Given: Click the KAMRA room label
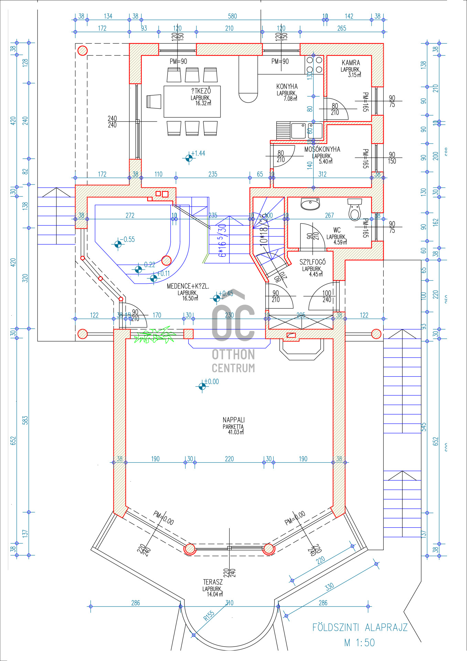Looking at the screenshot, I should pos(351,63).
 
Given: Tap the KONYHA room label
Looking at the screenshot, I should pos(287,86).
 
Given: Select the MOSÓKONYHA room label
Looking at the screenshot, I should pos(322,149).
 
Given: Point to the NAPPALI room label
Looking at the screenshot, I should pos(234,420).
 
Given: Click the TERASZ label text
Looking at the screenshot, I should pos(213,582).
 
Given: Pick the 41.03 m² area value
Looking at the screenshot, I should pos(236,432).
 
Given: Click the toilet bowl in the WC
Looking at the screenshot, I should pos(355,209).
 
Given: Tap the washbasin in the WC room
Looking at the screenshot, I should pos(310,204).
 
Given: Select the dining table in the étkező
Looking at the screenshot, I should pos(192,102).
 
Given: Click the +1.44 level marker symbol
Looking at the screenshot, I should pos(189,158).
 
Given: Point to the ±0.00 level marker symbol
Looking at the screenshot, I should pos(202,386).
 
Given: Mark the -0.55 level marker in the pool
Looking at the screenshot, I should pos(118,244).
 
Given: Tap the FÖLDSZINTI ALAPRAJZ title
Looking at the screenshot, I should pos(360,627).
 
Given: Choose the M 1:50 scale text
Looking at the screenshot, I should pos(359,642).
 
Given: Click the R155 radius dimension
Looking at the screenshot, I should pos(209,616).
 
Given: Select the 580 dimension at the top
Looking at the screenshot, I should pos(232,16).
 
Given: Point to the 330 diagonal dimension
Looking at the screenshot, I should pos(329,586).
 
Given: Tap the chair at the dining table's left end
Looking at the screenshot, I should pos(154,102).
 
